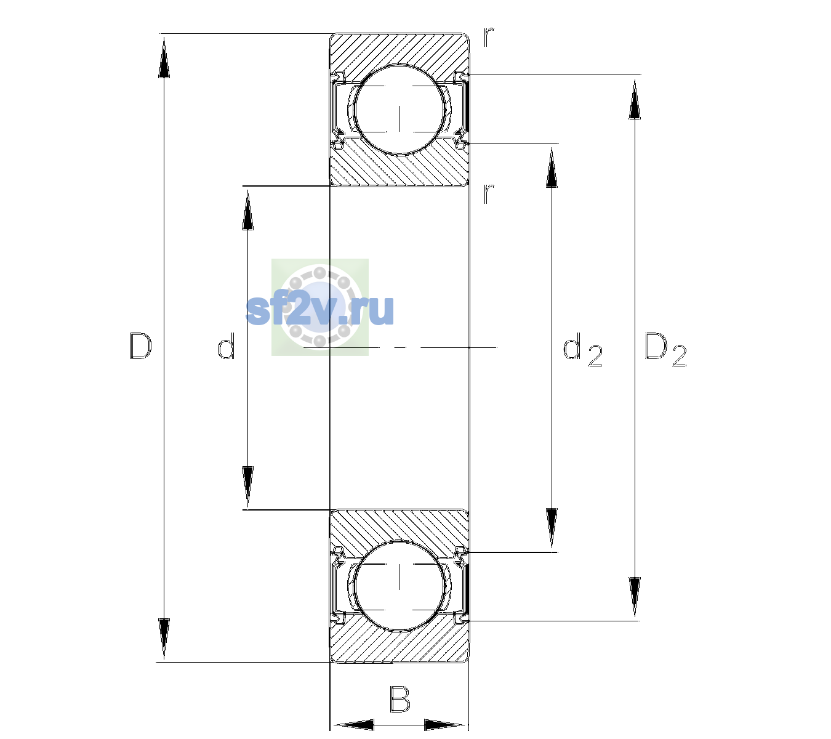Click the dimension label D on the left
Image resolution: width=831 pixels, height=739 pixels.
coord(140,346)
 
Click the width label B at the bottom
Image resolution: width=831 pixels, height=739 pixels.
coord(399,699)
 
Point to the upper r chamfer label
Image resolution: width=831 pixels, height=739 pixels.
coord(489,37)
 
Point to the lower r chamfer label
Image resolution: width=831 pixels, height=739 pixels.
coord(489,193)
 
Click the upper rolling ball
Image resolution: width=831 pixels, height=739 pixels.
coord(399,110)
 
